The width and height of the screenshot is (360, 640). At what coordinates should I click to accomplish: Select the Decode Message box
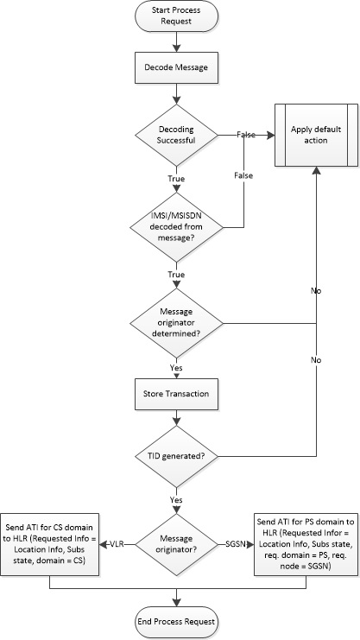tap(177, 64)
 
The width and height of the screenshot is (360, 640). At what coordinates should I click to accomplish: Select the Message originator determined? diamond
tap(177, 325)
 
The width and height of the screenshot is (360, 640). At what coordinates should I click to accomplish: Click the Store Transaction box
tap(177, 395)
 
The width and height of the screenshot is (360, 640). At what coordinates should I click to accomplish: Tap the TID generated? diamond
tap(177, 455)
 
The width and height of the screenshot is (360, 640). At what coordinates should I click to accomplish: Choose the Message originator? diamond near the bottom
tap(177, 544)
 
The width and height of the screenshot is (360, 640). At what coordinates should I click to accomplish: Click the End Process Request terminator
tap(177, 621)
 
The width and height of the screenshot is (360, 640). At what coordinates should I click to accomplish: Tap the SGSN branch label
tap(235, 544)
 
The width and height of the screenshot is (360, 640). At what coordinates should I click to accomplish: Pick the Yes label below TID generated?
tap(177, 498)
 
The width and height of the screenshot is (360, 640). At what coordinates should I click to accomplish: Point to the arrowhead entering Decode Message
tap(177, 48)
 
